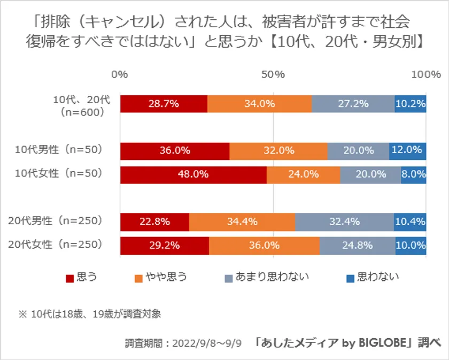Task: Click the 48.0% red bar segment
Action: pyautogui.click(x=193, y=174)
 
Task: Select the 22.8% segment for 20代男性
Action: pyautogui.click(x=154, y=221)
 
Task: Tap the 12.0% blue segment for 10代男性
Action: pyautogui.click(x=407, y=151)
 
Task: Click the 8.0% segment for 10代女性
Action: pyautogui.click(x=413, y=174)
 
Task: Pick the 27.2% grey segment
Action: pyautogui.click(x=353, y=104)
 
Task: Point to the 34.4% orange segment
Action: pyautogui.click(x=242, y=221)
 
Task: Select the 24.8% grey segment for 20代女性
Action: pyautogui.click(x=357, y=246)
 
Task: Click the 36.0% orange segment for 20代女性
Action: pyautogui.click(x=264, y=246)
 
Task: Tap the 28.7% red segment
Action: pyautogui.click(x=164, y=104)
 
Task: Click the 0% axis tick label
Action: pyautogui.click(x=120, y=75)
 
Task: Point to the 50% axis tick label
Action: pyautogui.click(x=273, y=75)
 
